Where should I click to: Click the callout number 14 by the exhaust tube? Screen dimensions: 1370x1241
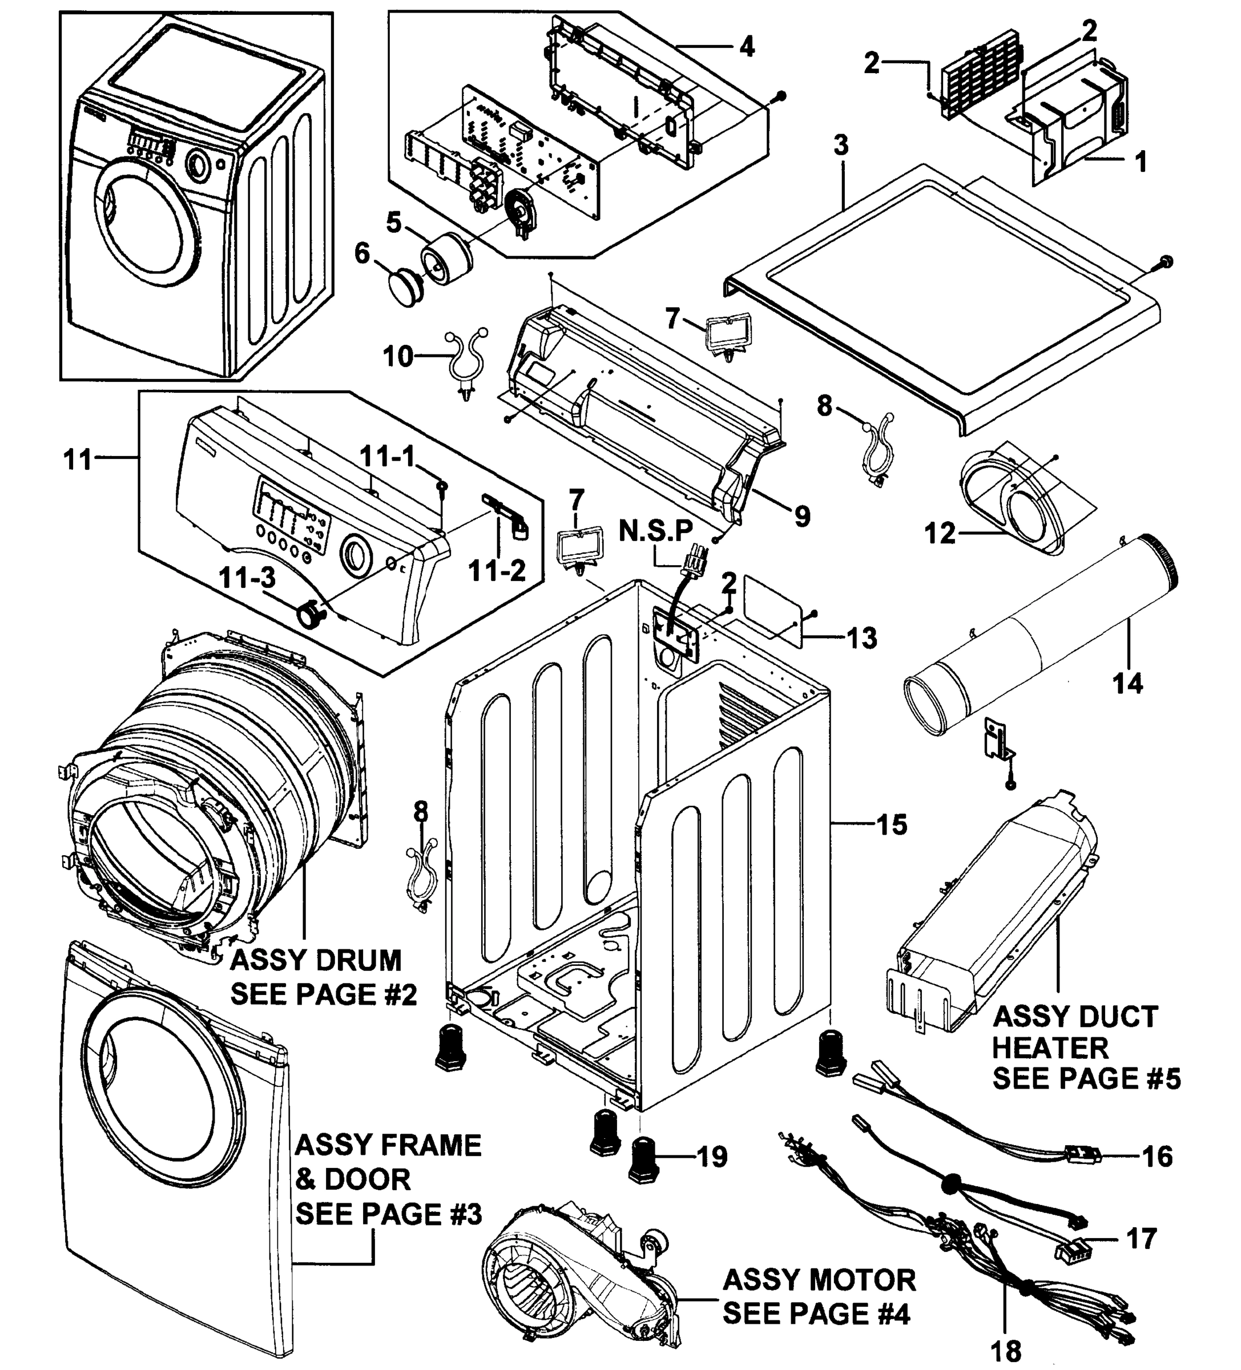[x=1127, y=682]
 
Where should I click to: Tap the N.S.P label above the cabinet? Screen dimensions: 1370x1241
[x=656, y=531]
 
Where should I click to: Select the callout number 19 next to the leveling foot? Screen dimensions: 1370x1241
[x=712, y=1156]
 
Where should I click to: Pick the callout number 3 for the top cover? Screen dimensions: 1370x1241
[x=841, y=146]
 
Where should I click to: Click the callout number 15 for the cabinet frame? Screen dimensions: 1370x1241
[x=892, y=824]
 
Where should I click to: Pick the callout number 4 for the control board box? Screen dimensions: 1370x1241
[x=746, y=47]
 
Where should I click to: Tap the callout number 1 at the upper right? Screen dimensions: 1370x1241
[x=1141, y=161]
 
